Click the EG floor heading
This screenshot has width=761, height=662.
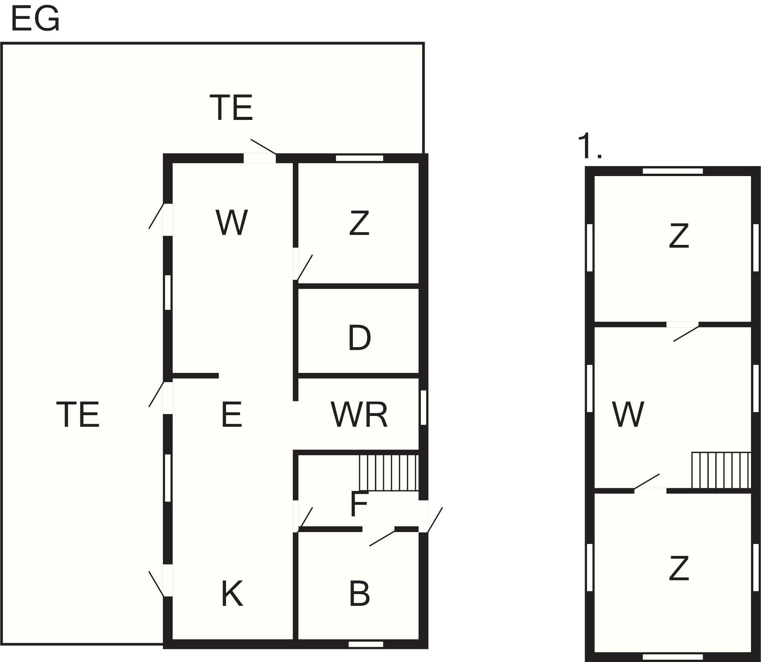(x=35, y=19)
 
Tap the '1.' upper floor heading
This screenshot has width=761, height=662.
(x=590, y=146)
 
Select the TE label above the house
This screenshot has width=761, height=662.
(x=231, y=108)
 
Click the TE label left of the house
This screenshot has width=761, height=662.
(x=78, y=414)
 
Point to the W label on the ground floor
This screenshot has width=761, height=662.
(x=231, y=223)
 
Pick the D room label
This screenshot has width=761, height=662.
(x=359, y=338)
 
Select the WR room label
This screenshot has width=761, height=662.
(x=359, y=414)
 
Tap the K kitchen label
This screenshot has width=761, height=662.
(x=232, y=594)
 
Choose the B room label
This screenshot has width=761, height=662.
(x=359, y=594)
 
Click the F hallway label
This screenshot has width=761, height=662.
(x=359, y=504)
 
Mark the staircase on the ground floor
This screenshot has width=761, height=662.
(x=388, y=472)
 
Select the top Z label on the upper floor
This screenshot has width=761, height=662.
(x=679, y=236)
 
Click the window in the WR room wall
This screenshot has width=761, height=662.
(x=423, y=408)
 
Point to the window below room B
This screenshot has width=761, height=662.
(x=366, y=644)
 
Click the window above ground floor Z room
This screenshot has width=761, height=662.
(x=359, y=158)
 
